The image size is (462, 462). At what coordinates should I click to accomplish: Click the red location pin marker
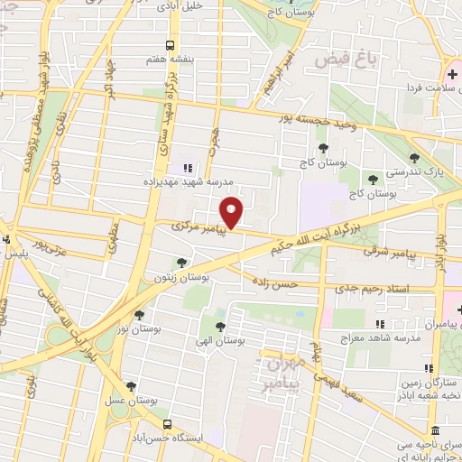232,212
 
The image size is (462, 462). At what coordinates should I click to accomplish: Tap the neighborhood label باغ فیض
344,60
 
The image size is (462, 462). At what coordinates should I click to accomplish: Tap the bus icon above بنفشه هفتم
171,44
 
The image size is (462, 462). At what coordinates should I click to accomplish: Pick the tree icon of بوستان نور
139,315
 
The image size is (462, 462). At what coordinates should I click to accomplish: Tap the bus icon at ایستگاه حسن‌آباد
167,423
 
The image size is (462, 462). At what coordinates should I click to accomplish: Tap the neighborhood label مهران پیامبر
284,375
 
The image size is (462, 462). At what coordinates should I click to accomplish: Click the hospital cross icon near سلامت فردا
451,72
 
